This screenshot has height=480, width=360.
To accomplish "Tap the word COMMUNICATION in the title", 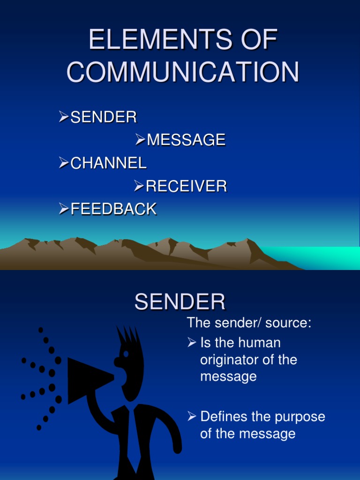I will (183, 72).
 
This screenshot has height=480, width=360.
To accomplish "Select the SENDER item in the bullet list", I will (104, 117).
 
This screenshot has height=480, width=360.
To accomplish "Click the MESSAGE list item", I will (186, 140).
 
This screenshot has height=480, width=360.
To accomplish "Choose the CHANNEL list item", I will (108, 163).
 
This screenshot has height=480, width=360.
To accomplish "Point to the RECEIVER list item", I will (186, 186).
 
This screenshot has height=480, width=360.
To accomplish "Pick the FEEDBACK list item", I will (113, 209).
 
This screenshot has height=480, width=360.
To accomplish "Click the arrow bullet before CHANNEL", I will (64, 163).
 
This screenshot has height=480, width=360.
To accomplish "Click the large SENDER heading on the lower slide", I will (180, 302).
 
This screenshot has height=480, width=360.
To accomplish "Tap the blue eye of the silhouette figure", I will (126, 354).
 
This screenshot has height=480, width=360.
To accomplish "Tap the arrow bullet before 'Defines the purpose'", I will (191, 416).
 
